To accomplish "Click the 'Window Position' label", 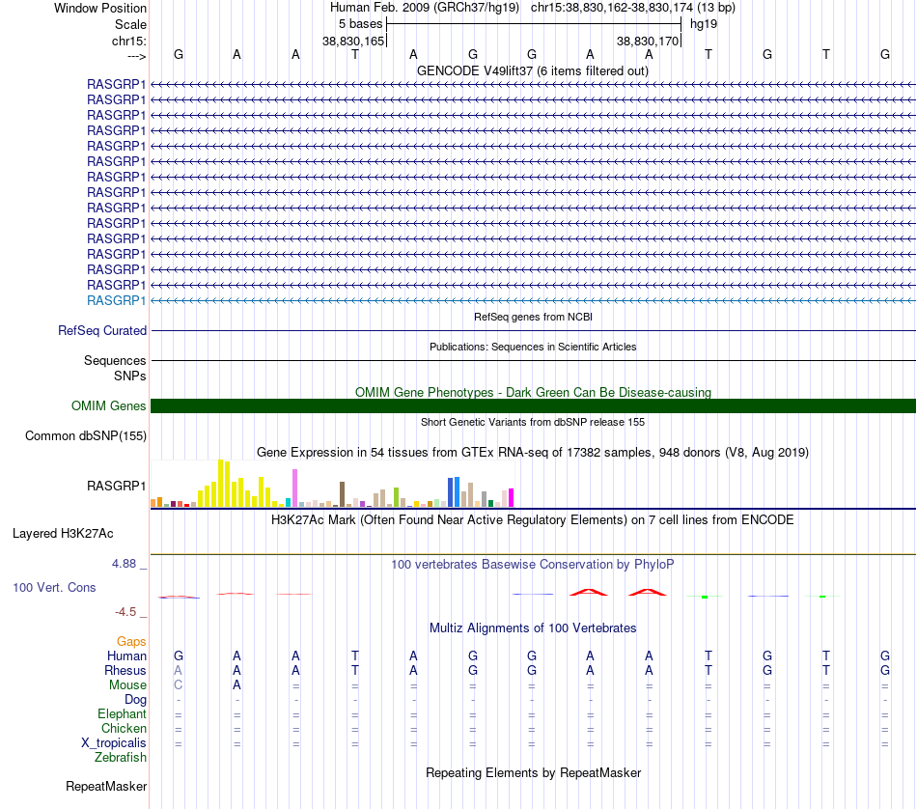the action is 100,8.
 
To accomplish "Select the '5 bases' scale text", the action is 360,24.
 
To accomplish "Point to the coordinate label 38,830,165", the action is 353,41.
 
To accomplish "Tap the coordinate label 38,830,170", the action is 648,41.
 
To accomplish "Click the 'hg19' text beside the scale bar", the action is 704,24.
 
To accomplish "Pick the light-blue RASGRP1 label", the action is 117,300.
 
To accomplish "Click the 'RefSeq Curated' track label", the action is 102,330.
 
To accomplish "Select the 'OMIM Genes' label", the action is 109,406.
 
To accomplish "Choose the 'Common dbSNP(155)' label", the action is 86,435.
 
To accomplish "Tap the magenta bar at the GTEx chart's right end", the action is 512,498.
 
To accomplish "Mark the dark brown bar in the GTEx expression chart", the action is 342,494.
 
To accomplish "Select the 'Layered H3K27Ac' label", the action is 63,534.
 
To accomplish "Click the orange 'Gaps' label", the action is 131,642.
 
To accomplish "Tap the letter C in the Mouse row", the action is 179,685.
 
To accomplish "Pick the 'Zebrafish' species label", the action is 121,758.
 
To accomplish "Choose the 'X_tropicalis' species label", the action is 114,743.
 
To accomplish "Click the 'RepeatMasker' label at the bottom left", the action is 106,787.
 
